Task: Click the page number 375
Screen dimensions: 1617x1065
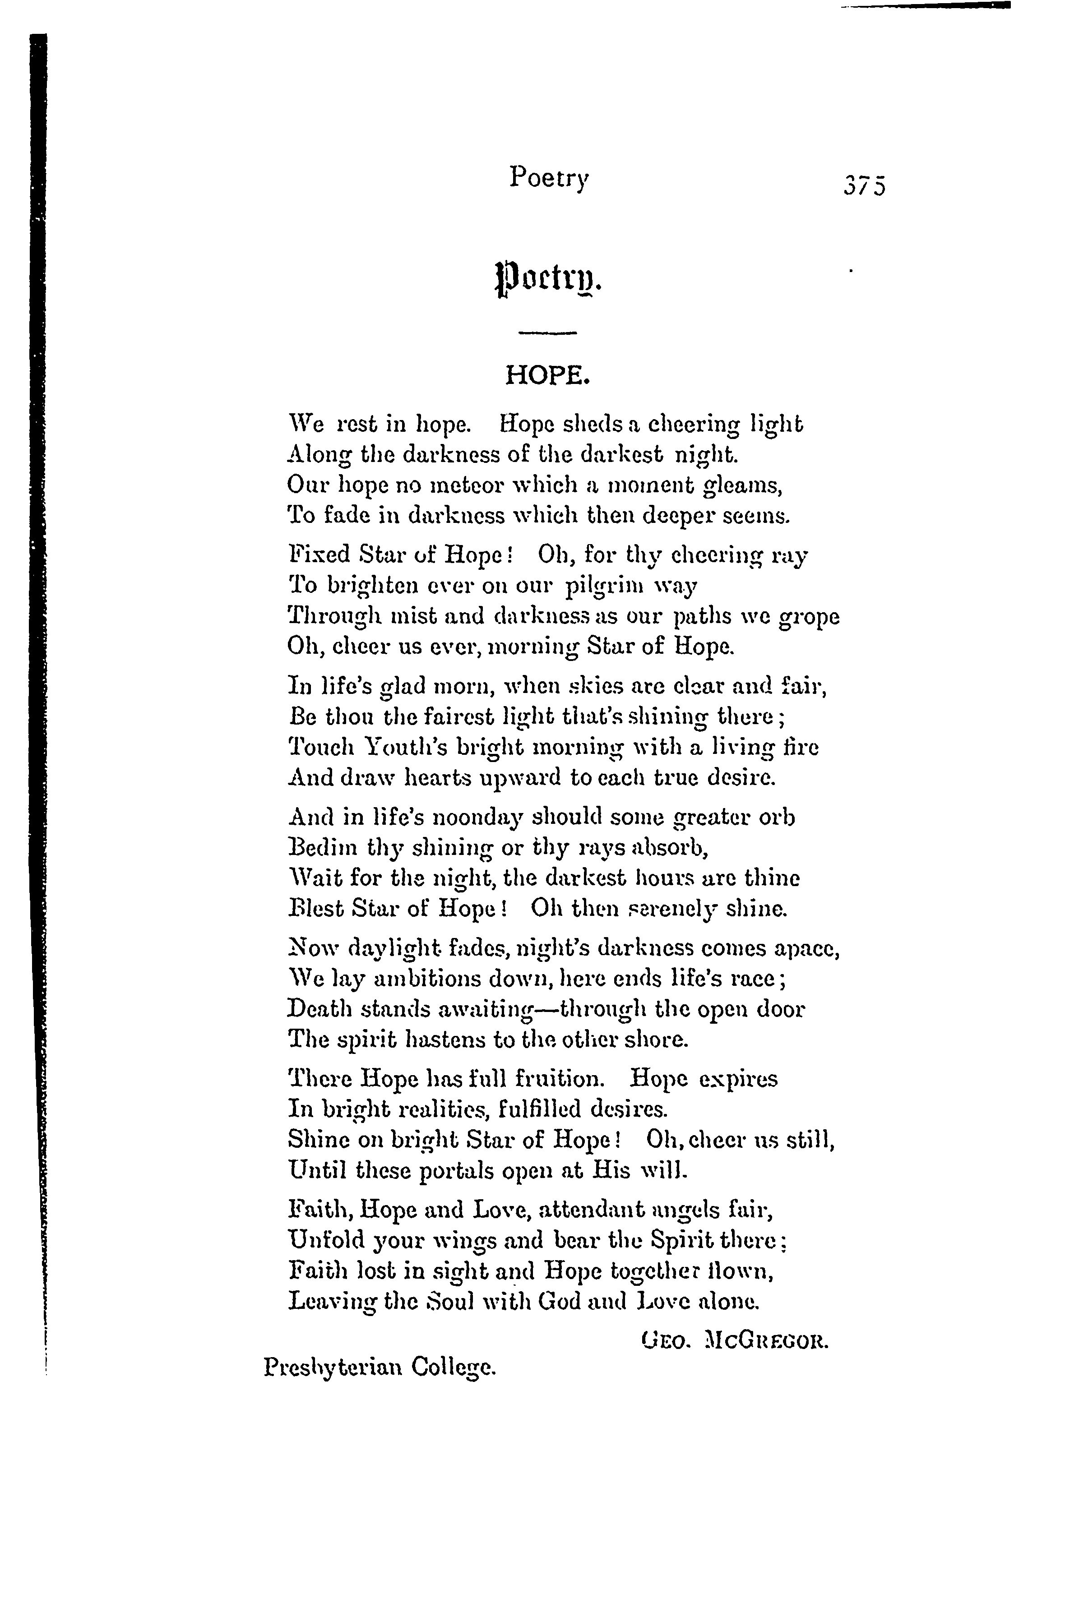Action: click(865, 185)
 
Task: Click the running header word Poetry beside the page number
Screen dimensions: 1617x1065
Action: click(548, 178)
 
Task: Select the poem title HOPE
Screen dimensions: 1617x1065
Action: click(546, 374)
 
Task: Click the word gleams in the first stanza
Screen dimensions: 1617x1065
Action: click(743, 486)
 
